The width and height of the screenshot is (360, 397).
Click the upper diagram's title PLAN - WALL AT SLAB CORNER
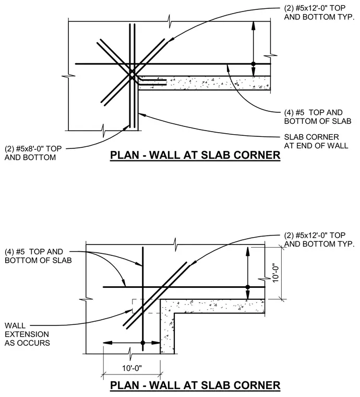click(195, 155)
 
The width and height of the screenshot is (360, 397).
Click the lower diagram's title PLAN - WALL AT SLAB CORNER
click(195, 386)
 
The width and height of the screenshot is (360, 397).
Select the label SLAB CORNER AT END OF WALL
click(316, 141)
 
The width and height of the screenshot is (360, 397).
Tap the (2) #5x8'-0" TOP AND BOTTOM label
click(33, 153)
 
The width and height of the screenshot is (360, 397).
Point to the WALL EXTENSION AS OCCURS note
click(27, 334)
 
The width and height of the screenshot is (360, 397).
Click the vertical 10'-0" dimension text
click(275, 273)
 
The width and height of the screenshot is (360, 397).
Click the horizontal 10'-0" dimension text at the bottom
click(132, 368)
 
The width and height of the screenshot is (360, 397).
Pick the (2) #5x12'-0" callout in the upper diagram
click(319, 13)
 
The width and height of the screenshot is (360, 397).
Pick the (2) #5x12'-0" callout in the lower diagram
click(319, 240)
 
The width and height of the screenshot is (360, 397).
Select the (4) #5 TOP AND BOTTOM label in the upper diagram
click(318, 116)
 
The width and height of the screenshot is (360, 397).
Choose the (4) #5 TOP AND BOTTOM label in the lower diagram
click(38, 256)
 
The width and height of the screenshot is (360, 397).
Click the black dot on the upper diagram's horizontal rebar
click(254, 64)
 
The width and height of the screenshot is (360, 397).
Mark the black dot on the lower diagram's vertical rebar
click(143, 343)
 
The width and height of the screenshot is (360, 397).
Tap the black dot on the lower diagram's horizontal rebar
click(247, 287)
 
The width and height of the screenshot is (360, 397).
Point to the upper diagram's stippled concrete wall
click(205, 83)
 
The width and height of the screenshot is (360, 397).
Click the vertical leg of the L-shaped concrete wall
click(167, 326)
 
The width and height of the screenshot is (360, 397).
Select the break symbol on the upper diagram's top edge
click(170, 22)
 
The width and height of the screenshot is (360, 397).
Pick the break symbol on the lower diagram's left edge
click(86, 299)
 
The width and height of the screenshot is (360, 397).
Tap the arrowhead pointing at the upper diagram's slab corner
click(141, 114)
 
